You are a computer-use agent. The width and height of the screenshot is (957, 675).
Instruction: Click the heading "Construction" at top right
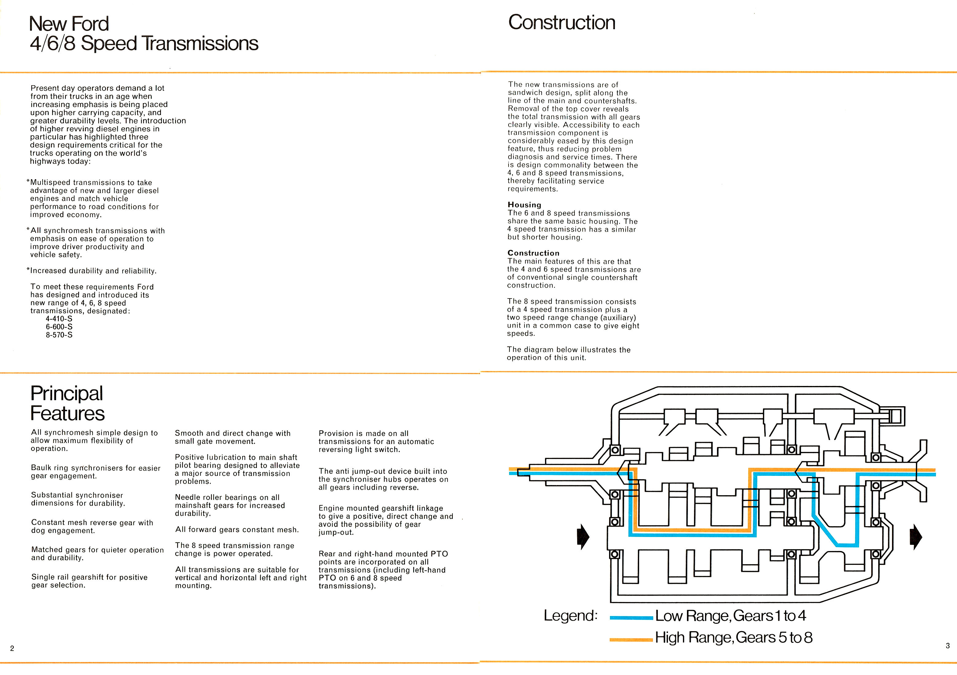562,22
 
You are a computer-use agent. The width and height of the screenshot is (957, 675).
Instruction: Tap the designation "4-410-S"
59,319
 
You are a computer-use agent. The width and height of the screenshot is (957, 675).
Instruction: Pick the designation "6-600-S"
59,327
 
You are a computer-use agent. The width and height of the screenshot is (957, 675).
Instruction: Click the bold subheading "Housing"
524,205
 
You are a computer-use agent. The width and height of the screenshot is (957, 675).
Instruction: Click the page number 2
12,648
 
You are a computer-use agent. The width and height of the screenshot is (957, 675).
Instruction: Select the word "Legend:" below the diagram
571,616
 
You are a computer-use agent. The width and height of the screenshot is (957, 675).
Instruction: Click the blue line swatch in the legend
631,618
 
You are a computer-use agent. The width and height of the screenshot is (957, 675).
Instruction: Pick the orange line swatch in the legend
631,639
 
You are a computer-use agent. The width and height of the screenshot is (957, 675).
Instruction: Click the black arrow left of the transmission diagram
583,537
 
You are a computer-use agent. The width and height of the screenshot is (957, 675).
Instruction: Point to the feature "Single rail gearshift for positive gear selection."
90,581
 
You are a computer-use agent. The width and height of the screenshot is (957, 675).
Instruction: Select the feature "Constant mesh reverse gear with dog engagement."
92,526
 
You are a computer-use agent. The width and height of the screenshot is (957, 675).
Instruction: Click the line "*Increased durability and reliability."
92,271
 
